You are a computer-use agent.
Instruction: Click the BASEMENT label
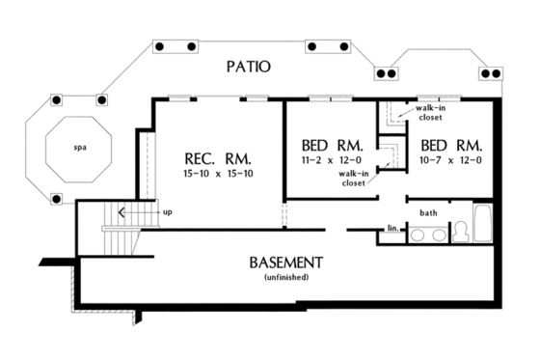(285, 263)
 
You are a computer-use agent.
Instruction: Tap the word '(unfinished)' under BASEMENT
(285, 277)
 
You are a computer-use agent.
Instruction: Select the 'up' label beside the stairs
(168, 211)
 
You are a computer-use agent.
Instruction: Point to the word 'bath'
(428, 212)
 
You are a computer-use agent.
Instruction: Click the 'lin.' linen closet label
(392, 229)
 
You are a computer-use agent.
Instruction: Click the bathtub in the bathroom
(484, 224)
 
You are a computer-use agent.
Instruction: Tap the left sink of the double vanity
(418, 234)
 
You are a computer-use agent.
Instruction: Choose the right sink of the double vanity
(439, 234)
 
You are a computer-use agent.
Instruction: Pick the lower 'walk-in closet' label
(353, 178)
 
